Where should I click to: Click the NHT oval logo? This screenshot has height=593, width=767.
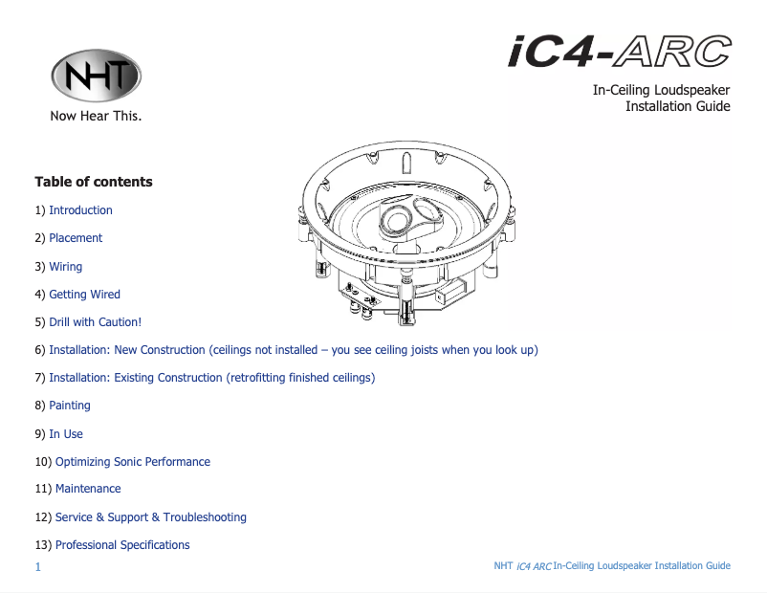coord(96,77)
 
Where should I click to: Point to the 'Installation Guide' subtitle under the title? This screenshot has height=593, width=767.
coord(677,106)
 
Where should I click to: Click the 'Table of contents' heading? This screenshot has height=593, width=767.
coord(93,182)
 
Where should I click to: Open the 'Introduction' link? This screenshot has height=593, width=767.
coord(80,210)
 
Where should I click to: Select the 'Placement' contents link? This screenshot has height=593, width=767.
coord(76,238)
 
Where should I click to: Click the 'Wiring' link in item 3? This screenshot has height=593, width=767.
coord(66,267)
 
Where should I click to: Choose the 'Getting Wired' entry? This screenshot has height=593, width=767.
coord(84,295)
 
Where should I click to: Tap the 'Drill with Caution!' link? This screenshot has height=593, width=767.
coord(95,322)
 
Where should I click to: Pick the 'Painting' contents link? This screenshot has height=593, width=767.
coord(70,406)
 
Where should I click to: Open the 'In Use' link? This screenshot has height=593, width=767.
coord(66,434)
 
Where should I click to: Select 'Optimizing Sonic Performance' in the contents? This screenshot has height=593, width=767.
coord(132,462)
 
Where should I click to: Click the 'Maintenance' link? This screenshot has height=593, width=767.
coord(88,489)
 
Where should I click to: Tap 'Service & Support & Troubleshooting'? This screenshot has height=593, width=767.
coord(150,517)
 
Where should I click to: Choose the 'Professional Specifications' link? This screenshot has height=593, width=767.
coord(122,545)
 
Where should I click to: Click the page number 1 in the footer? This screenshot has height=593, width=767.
coord(37,567)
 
